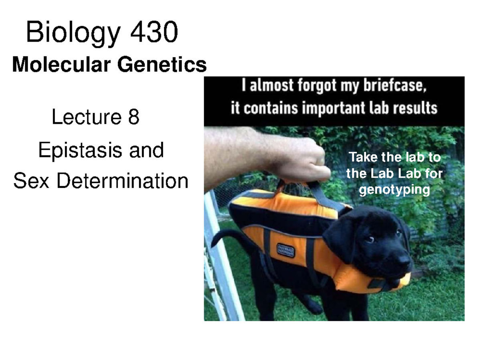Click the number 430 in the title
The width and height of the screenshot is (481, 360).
point(154,32)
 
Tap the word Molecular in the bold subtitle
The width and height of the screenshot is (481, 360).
point(61,64)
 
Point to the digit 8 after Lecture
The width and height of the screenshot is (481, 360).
point(133,117)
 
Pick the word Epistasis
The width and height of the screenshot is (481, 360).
point(80,151)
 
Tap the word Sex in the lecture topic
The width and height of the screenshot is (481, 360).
point(31,181)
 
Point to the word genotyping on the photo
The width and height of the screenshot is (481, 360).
point(394,190)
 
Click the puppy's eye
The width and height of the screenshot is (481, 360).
point(370,239)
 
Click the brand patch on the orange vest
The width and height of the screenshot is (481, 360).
point(285,250)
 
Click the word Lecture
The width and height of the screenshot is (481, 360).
point(87,117)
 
